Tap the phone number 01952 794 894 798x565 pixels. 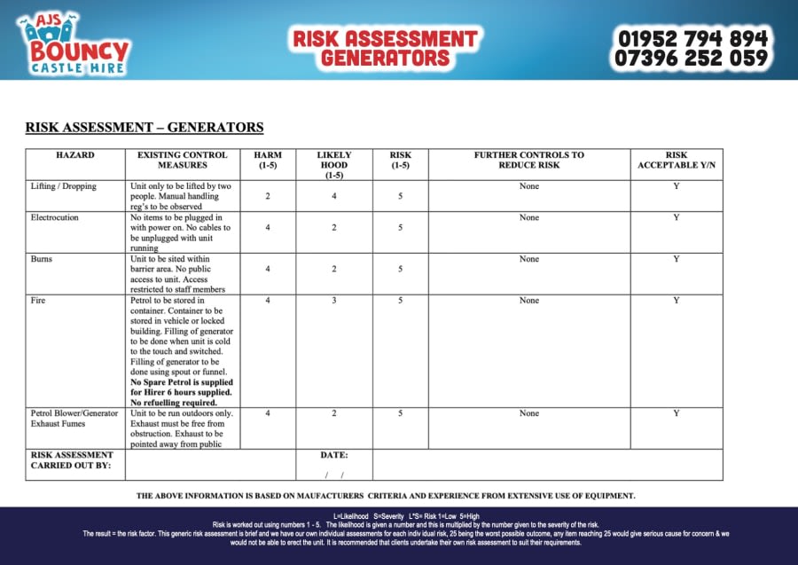pos(692,38)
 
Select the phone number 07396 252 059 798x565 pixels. pos(692,59)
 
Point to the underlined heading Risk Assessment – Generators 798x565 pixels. pos(145,128)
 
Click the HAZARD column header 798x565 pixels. pos(75,155)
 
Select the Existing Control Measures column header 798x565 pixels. pos(182,160)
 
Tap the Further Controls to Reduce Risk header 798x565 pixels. pos(528,160)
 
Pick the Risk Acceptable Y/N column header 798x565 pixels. pos(677,160)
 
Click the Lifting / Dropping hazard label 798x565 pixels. pos(64,186)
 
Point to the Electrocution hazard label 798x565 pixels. pos(55,217)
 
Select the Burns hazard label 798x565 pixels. pos(42,259)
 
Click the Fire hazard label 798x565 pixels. pos(38,301)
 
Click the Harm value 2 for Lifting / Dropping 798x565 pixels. pos(268,196)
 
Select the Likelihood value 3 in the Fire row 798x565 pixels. pos(334,301)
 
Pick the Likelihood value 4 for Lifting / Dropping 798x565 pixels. pos(334,196)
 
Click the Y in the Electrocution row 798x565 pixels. pos(677,217)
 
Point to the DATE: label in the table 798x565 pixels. pos(334,455)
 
